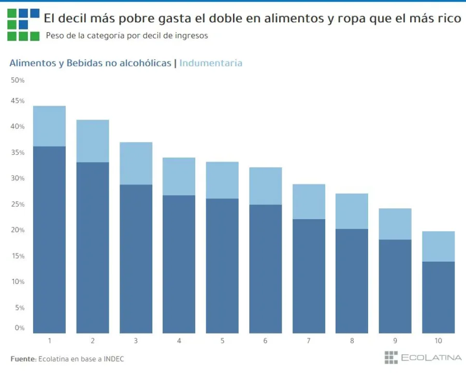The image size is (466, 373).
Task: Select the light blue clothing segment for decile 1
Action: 49,126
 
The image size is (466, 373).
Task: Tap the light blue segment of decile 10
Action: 438,246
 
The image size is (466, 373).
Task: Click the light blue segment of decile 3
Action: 136,163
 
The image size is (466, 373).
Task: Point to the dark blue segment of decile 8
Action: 352,280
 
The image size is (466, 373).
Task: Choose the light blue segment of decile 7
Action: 309,202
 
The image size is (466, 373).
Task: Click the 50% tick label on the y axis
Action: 18,80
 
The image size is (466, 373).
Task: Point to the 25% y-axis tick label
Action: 18,204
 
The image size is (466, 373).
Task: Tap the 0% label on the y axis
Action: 20,327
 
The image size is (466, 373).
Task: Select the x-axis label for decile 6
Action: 266,341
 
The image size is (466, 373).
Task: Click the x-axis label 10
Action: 438,341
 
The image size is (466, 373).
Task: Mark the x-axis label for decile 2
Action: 93,341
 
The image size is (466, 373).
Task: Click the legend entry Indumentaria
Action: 211,63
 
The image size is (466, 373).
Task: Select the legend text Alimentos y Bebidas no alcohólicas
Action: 90,63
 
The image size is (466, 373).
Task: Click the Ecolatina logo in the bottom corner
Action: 423,357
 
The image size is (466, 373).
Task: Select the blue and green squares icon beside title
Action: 23,24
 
